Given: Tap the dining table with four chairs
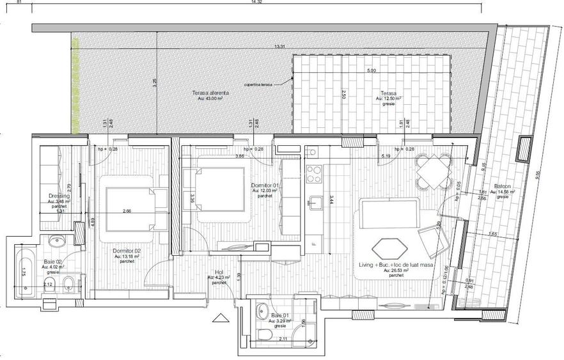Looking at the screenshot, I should [x=430, y=172].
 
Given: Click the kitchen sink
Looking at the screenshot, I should [x=314, y=203].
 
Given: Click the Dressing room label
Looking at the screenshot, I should [x=58, y=196].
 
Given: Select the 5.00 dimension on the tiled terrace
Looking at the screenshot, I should [x=371, y=71].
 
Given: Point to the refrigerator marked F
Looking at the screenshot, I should [x=314, y=242].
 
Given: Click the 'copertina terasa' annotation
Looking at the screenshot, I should [x=258, y=85].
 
